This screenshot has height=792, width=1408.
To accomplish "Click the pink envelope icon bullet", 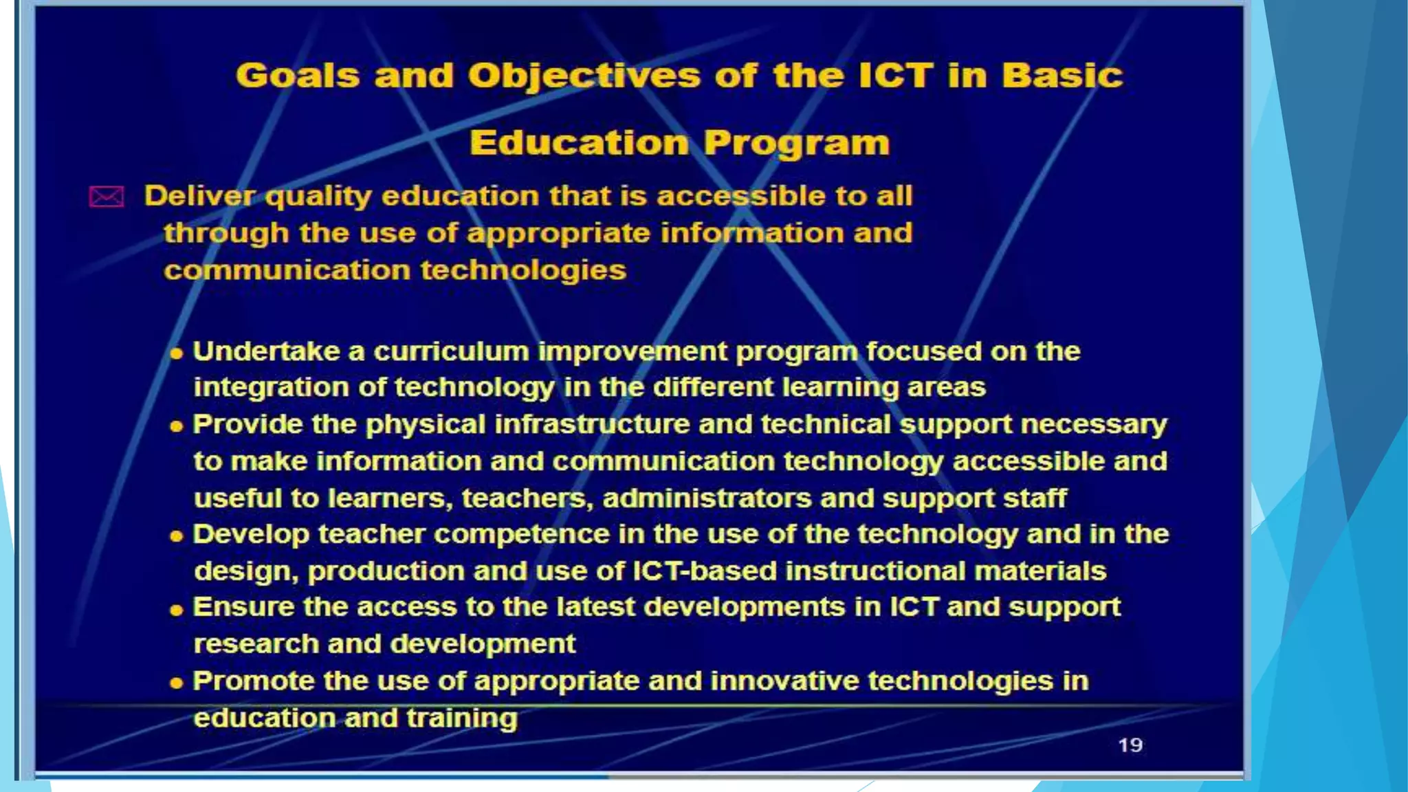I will coord(107,197).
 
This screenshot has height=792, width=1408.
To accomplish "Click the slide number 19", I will coord(1130,745).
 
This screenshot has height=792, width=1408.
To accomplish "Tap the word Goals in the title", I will coord(297,76).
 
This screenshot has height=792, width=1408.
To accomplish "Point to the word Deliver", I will coord(199,197).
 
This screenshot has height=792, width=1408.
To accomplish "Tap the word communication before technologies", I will coord(287,270).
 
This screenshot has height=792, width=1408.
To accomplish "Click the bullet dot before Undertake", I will coord(177,354).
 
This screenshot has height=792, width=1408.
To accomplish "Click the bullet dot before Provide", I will coord(177,427).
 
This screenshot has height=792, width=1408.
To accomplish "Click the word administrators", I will coord(707,498).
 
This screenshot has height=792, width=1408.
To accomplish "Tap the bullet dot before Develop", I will coord(177,536).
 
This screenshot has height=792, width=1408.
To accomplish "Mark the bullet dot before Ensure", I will coord(177,610).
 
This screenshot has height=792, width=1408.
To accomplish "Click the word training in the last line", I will coord(461,718).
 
